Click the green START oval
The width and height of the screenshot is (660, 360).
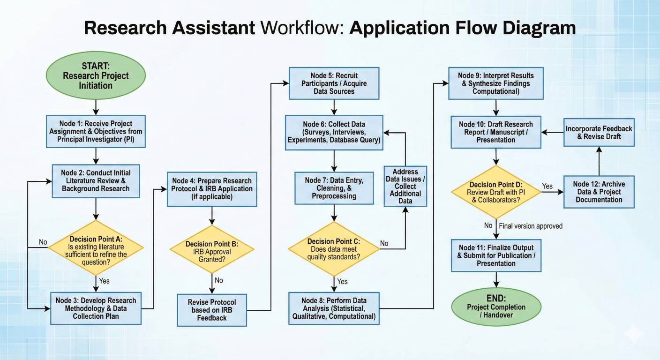[96, 76]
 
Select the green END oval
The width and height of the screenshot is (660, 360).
[496, 307]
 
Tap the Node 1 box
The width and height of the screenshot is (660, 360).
[96, 131]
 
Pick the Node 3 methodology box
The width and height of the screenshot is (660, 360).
[96, 308]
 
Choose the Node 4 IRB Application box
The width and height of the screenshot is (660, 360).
[212, 188]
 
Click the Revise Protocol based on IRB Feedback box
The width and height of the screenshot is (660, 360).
[212, 310]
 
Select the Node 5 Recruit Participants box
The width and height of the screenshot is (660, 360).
[334, 83]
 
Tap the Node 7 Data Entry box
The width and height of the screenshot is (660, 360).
[334, 188]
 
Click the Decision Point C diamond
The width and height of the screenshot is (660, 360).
[334, 249]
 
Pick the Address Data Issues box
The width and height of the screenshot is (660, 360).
[405, 186]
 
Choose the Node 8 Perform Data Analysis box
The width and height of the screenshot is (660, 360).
[334, 308]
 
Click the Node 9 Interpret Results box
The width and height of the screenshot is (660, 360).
[496, 83]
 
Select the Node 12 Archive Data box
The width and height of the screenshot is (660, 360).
[599, 192]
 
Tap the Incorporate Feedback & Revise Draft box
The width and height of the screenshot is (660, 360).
[599, 132]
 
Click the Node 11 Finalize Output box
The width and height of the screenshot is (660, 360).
[496, 255]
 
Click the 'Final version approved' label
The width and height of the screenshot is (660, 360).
[531, 226]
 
